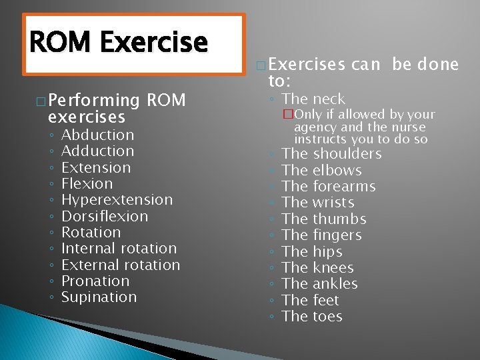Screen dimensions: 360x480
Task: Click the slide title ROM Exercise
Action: coord(119,42)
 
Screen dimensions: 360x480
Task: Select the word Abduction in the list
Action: coord(97,135)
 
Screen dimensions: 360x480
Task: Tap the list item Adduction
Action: coord(97,151)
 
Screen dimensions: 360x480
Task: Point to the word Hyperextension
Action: coord(117,200)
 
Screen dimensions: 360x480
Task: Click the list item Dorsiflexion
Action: coord(105,216)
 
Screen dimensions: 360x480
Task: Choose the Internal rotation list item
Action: coord(119,249)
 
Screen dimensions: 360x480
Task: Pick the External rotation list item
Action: coord(120,265)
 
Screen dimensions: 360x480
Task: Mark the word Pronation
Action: coord(95,281)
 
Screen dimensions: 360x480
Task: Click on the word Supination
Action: coord(99,297)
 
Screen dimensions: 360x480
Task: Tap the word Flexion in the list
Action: coord(87,184)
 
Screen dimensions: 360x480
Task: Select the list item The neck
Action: coord(313,99)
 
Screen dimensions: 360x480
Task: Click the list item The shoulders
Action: coord(331,154)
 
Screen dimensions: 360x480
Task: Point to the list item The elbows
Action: coord(321,171)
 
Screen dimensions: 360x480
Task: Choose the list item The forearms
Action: coord(329,187)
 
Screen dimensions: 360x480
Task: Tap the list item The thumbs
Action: coord(324,219)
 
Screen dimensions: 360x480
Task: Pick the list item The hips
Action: coord(312,252)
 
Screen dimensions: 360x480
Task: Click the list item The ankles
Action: coord(319,284)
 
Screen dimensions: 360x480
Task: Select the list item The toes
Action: coord(312,317)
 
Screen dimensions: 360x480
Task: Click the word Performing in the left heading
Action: coord(94,101)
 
